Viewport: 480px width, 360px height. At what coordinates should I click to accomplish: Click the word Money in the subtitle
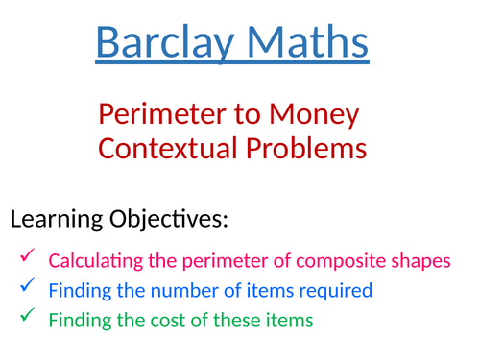(315, 116)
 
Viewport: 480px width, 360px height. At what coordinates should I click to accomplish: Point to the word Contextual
(173, 149)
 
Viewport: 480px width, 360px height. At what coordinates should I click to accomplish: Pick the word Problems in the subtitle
(309, 149)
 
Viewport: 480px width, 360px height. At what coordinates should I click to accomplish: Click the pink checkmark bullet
(27, 256)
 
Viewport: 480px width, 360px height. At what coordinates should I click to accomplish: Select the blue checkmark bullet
(27, 286)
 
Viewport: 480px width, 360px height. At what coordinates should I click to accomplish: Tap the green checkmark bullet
(27, 316)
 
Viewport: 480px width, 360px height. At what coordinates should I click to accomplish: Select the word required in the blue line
(335, 289)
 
